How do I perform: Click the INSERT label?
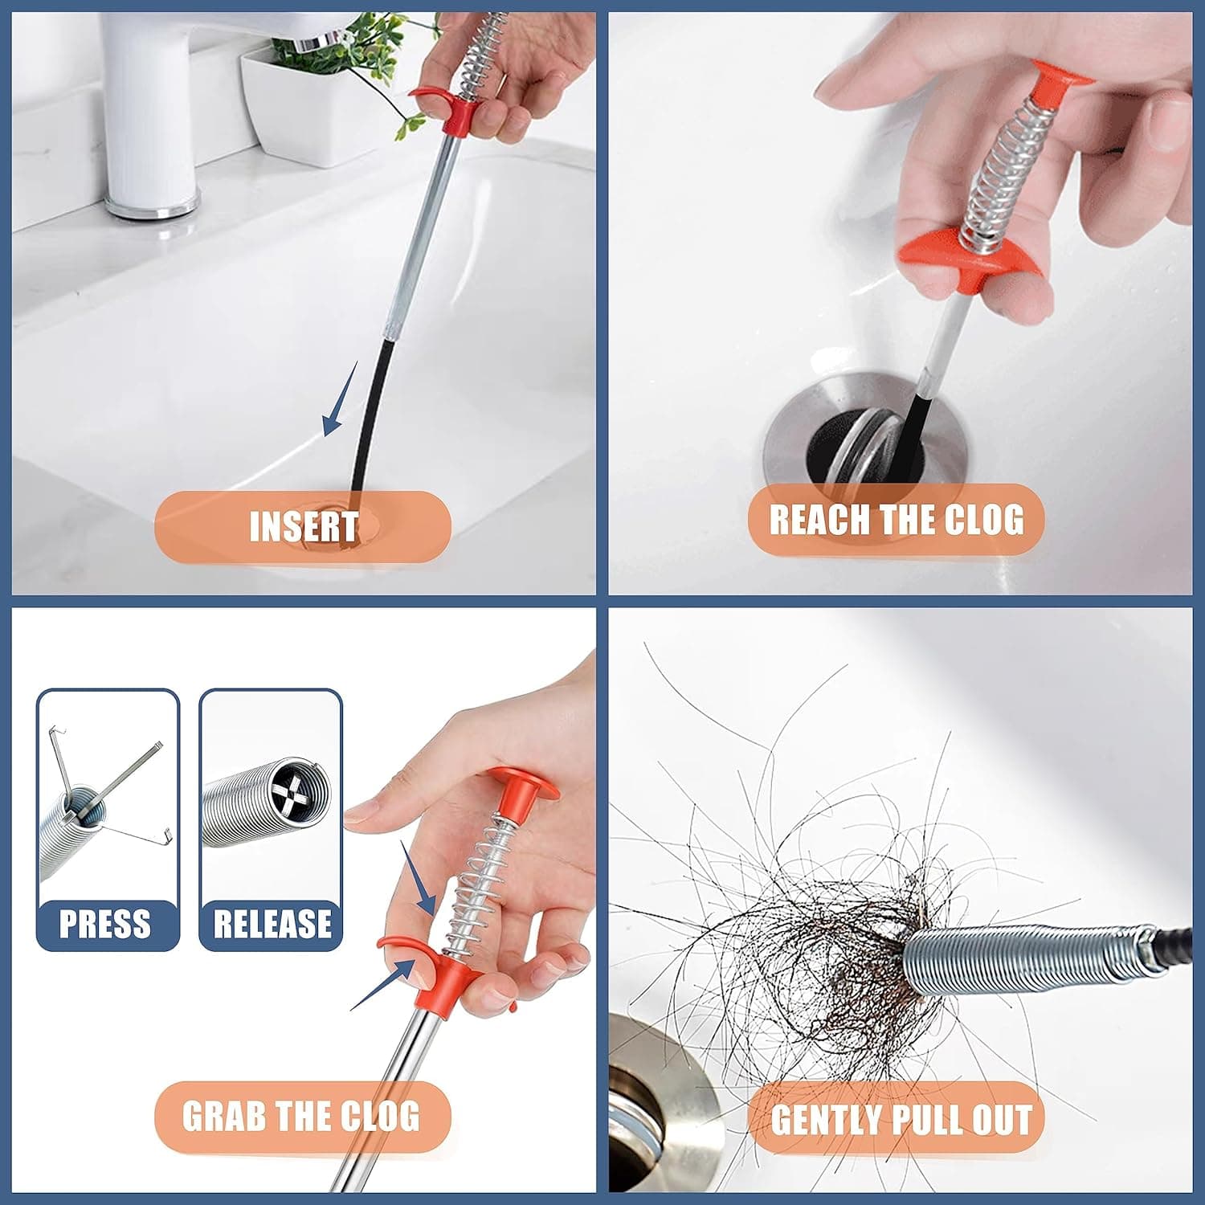point(303,527)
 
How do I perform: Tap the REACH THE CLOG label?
point(896,520)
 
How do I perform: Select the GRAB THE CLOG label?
point(301,1116)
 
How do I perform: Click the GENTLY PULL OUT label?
point(901,1119)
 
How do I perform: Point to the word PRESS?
point(105,924)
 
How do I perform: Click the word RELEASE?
point(272,924)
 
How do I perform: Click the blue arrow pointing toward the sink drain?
point(339,400)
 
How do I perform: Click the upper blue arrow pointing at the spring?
point(418,880)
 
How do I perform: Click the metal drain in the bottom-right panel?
point(659,1109)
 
